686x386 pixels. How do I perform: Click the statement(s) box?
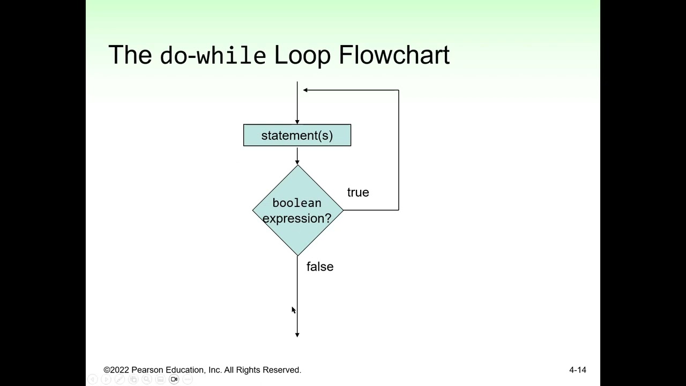point(297,135)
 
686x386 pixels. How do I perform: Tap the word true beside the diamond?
point(358,192)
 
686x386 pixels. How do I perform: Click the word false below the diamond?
point(320,266)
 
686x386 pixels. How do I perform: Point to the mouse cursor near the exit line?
point(293,310)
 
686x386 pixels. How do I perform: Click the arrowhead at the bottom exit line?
point(297,335)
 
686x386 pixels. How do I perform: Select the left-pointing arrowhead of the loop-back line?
point(305,90)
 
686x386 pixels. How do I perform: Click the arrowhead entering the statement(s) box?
point(297,122)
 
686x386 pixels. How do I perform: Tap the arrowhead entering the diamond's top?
point(297,162)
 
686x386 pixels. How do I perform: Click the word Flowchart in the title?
point(394,55)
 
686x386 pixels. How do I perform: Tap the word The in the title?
point(130,55)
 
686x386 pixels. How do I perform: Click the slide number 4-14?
point(577,370)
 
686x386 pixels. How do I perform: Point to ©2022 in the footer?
point(116,370)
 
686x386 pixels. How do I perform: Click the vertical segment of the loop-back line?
point(399,150)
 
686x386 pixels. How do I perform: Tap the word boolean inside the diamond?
point(297,203)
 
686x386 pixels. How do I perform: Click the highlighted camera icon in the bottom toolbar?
point(174,379)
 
